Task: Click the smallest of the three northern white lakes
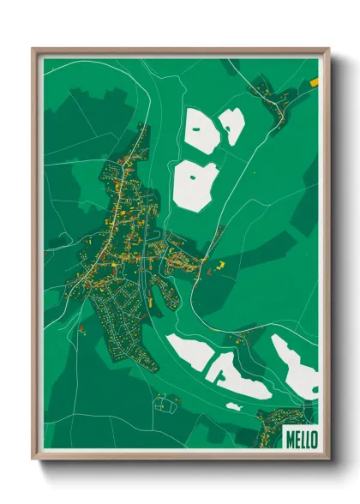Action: (x=232, y=125)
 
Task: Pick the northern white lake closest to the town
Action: (x=196, y=184)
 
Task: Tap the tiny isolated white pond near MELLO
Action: (x=233, y=407)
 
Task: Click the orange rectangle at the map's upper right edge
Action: (x=314, y=82)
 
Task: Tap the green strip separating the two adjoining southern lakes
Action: (x=211, y=364)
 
